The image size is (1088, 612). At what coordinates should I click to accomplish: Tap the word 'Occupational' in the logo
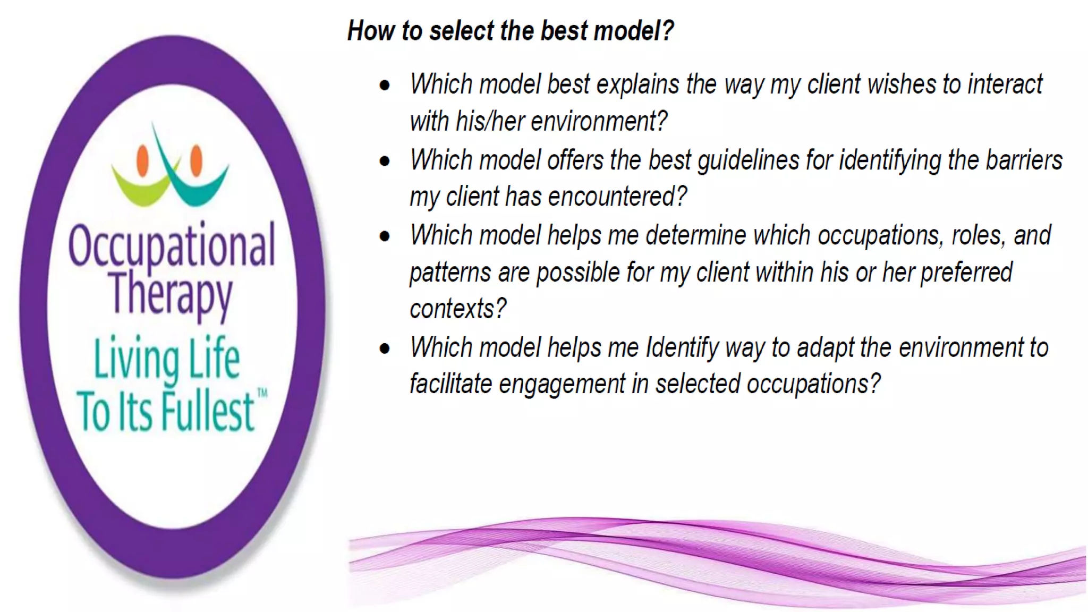tap(172, 246)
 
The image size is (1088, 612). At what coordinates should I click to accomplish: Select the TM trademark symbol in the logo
tap(262, 394)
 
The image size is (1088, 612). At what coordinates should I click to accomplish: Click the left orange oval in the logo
tap(142, 160)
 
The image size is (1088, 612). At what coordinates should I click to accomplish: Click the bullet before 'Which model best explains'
tap(385, 85)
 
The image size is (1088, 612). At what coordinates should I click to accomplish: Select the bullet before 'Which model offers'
tap(385, 160)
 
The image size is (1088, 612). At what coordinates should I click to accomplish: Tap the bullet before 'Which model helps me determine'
tap(385, 236)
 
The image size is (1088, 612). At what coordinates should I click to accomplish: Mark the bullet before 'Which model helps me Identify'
tap(385, 348)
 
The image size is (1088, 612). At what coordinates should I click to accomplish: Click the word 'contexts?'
tap(458, 309)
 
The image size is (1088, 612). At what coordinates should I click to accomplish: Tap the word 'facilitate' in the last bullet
tap(450, 384)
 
